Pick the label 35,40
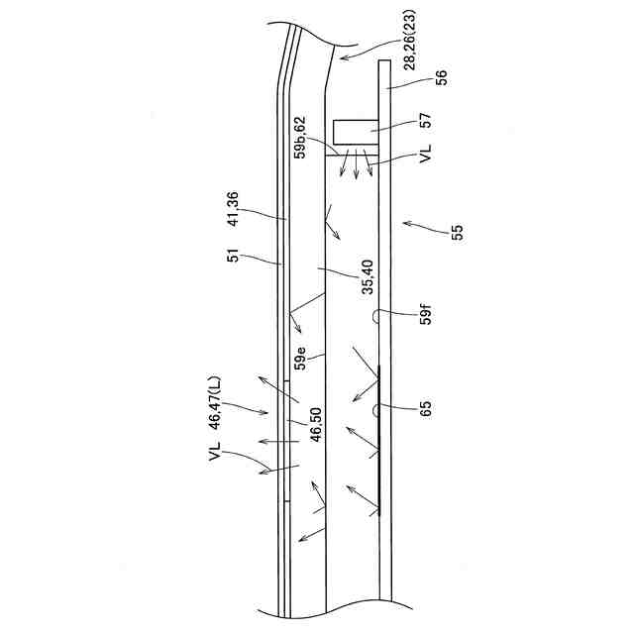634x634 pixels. pos(369,276)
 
